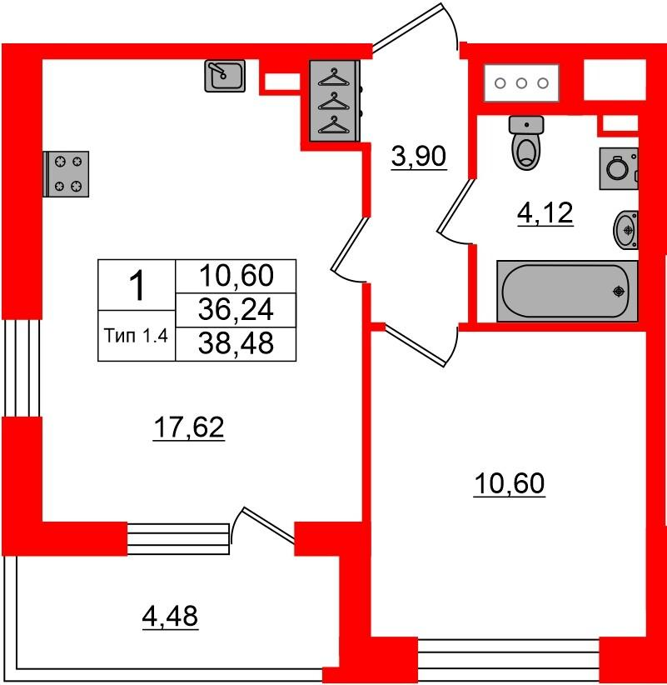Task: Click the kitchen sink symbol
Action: pyautogui.click(x=225, y=76)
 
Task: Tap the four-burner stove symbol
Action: pyautogui.click(x=67, y=174)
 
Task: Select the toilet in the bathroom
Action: pyautogui.click(x=526, y=142)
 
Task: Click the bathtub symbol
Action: pyautogui.click(x=567, y=291)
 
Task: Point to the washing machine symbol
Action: pyautogui.click(x=619, y=168)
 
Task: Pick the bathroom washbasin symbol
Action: pyautogui.click(x=625, y=230)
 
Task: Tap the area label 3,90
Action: pyautogui.click(x=419, y=157)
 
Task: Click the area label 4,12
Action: pyautogui.click(x=545, y=213)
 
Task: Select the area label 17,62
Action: pyautogui.click(x=188, y=427)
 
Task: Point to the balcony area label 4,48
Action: pyautogui.click(x=170, y=617)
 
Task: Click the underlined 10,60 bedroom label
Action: pyautogui.click(x=509, y=483)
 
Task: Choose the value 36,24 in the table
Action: pyautogui.click(x=236, y=309)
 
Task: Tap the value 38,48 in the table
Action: pyautogui.click(x=236, y=343)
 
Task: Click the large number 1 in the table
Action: pyautogui.click(x=137, y=285)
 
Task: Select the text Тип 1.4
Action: pyautogui.click(x=137, y=336)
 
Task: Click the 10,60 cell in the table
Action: pyautogui.click(x=236, y=276)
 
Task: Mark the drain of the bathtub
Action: pyautogui.click(x=619, y=291)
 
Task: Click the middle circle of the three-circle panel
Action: pyautogui.click(x=521, y=83)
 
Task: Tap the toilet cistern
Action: pyautogui.click(x=526, y=125)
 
